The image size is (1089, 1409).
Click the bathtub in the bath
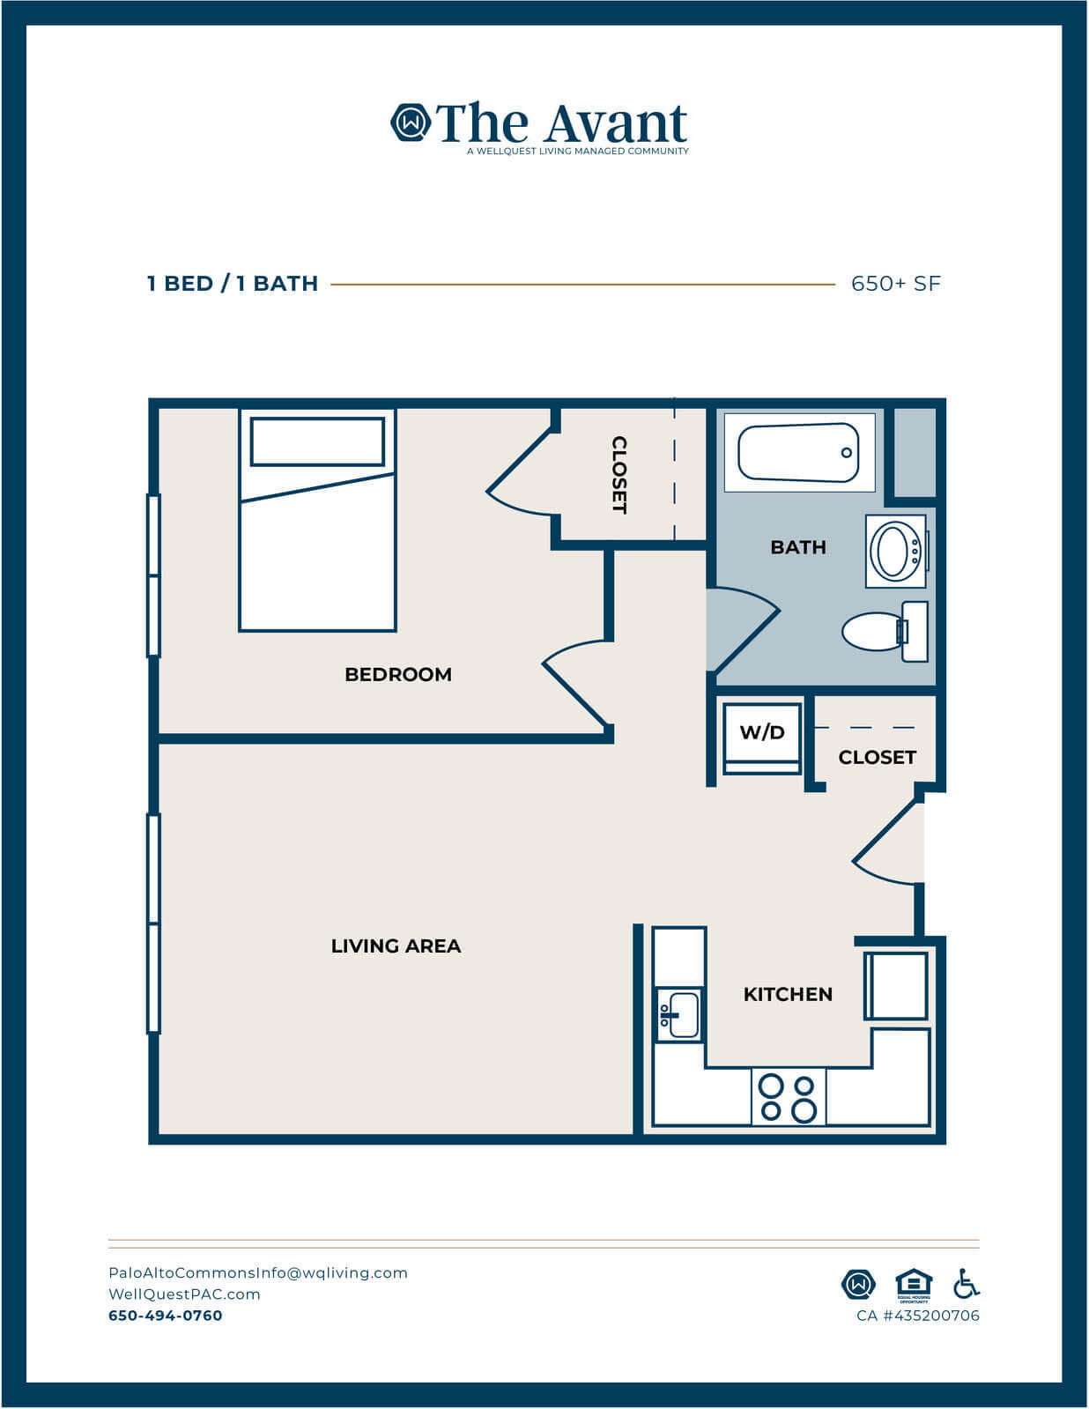coord(799,453)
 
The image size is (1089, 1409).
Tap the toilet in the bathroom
coord(885,632)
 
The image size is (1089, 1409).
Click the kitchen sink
coord(678,1015)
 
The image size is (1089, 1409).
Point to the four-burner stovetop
coord(789,1098)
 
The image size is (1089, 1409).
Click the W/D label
coord(762,732)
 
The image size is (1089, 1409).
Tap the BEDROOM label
coord(398,674)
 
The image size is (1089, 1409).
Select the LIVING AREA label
coord(396,946)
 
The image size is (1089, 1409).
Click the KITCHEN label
coord(788,994)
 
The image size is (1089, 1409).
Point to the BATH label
coord(798,547)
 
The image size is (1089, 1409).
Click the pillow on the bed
coord(317,441)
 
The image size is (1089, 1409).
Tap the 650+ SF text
coord(896,284)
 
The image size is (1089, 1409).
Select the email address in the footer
coord(258,1272)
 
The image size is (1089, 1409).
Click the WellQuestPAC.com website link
coord(184,1294)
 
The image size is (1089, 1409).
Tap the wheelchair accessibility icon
coord(966,1284)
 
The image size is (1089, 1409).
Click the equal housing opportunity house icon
coord(914,1285)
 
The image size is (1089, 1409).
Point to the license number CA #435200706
coord(918,1316)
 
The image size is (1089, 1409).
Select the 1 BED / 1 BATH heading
coord(233,284)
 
